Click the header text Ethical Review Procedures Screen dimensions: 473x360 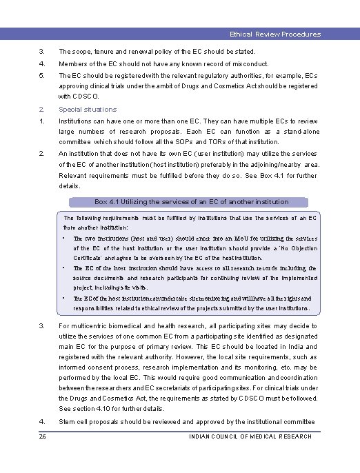pyautogui.click(x=275, y=34)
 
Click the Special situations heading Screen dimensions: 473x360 pyautogui.click(x=88, y=109)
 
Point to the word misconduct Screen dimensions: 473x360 pyautogui.click(x=217, y=63)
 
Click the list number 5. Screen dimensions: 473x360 pyautogui.click(x=41, y=75)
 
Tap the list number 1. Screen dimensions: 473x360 pyautogui.click(x=41, y=119)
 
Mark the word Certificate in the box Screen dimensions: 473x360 pyautogui.click(x=92, y=257)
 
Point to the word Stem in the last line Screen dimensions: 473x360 pyautogui.click(x=68, y=421)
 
